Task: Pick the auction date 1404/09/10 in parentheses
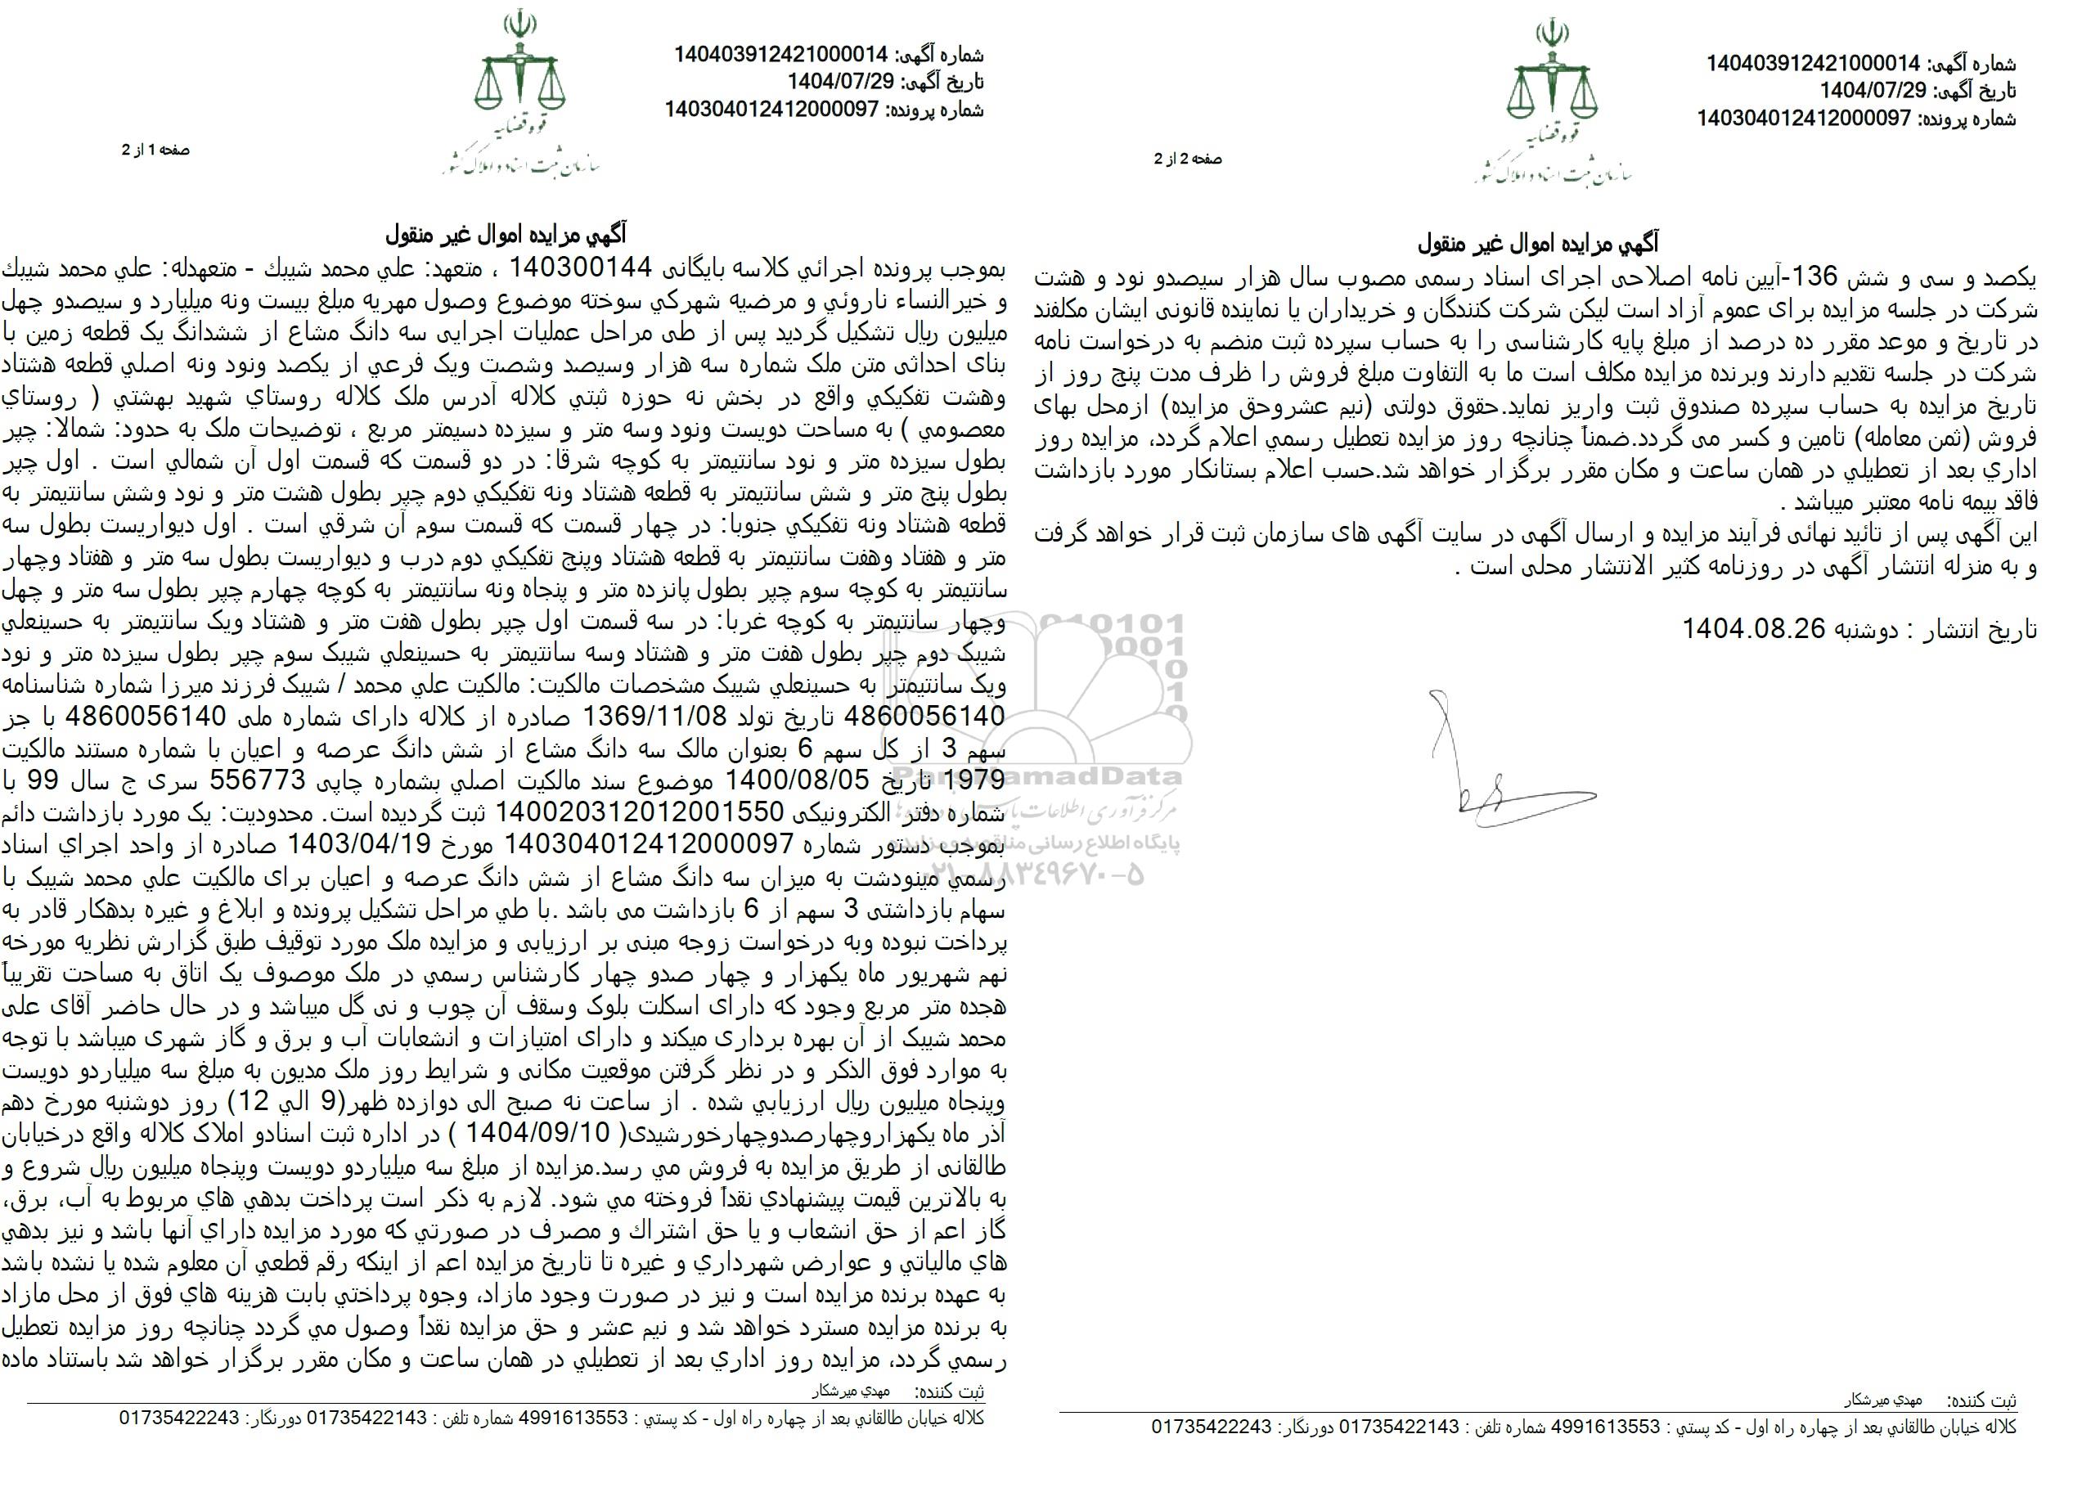530,1134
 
